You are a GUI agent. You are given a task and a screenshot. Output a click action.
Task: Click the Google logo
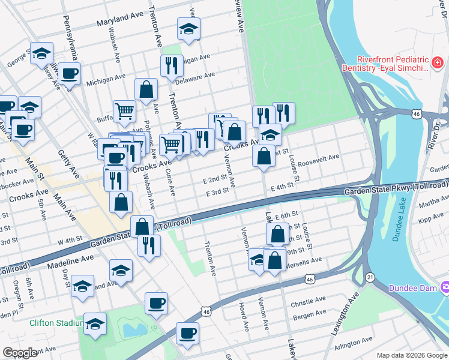(20, 353)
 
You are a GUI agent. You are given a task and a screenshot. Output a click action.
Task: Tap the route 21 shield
(370, 277)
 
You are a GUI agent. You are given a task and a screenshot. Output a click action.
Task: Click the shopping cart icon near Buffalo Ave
(124, 110)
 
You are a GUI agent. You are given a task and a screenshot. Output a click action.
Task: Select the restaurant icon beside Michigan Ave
(172, 65)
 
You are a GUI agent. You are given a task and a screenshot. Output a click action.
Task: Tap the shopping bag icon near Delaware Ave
(146, 89)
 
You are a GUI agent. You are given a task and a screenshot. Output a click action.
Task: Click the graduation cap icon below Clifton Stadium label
(95, 324)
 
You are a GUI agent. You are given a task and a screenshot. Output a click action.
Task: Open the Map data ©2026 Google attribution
(411, 355)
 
